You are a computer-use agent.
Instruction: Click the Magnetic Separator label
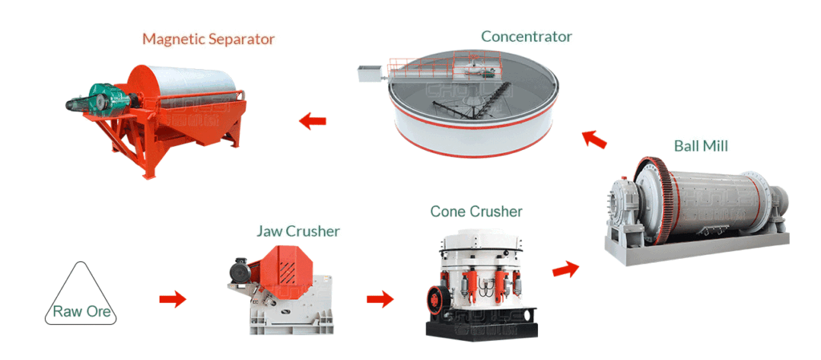pyautogui.click(x=208, y=38)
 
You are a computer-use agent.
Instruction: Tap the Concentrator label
pyautogui.click(x=526, y=36)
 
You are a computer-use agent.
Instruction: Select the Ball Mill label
pyautogui.click(x=701, y=146)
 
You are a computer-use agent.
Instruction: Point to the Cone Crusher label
pyautogui.click(x=476, y=212)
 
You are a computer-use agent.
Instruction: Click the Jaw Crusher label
pyautogui.click(x=297, y=231)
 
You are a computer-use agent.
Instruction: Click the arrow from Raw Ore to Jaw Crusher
pyautogui.click(x=172, y=299)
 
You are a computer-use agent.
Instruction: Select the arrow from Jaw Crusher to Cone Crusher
pyautogui.click(x=380, y=299)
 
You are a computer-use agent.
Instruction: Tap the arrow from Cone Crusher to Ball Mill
pyautogui.click(x=565, y=269)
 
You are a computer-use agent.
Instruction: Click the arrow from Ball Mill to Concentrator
pyautogui.click(x=594, y=139)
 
